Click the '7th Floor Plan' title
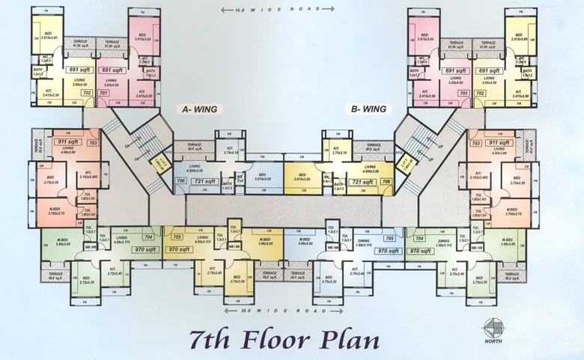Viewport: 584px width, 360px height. tap(284, 338)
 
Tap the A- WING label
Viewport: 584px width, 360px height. tap(200, 109)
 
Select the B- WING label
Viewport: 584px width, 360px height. tap(369, 109)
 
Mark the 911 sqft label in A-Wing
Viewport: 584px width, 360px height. tap(67, 141)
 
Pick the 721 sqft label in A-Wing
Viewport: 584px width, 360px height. tap(204, 181)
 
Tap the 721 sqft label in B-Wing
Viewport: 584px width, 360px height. tap(362, 181)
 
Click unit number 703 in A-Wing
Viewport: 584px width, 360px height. tap(93, 142)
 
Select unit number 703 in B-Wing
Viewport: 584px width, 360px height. tap(475, 142)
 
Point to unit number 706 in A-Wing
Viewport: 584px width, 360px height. tap(180, 181)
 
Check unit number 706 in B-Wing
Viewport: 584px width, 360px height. tap(386, 181)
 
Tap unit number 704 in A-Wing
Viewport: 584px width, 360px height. tap(148, 237)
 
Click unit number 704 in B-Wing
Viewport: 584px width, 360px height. tap(419, 238)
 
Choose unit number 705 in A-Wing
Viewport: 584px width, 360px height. tap(177, 237)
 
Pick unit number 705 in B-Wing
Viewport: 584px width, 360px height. tap(389, 238)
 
